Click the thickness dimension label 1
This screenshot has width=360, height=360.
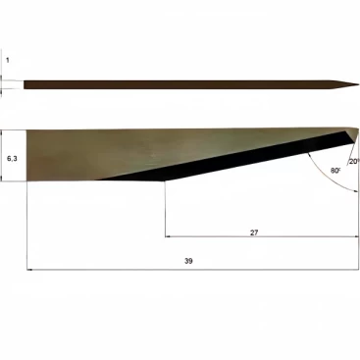click(x=8, y=60)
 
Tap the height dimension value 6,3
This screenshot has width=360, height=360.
click(x=12, y=159)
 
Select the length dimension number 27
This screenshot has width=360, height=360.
click(x=254, y=232)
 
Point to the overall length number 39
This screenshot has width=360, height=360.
click(x=188, y=261)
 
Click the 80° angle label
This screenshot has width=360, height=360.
click(x=335, y=171)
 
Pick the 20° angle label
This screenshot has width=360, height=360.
click(x=354, y=162)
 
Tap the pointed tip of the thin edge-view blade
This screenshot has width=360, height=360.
click(x=359, y=84)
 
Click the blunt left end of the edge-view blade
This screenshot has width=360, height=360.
click(x=24, y=84)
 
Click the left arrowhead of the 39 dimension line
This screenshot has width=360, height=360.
click(x=28, y=270)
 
